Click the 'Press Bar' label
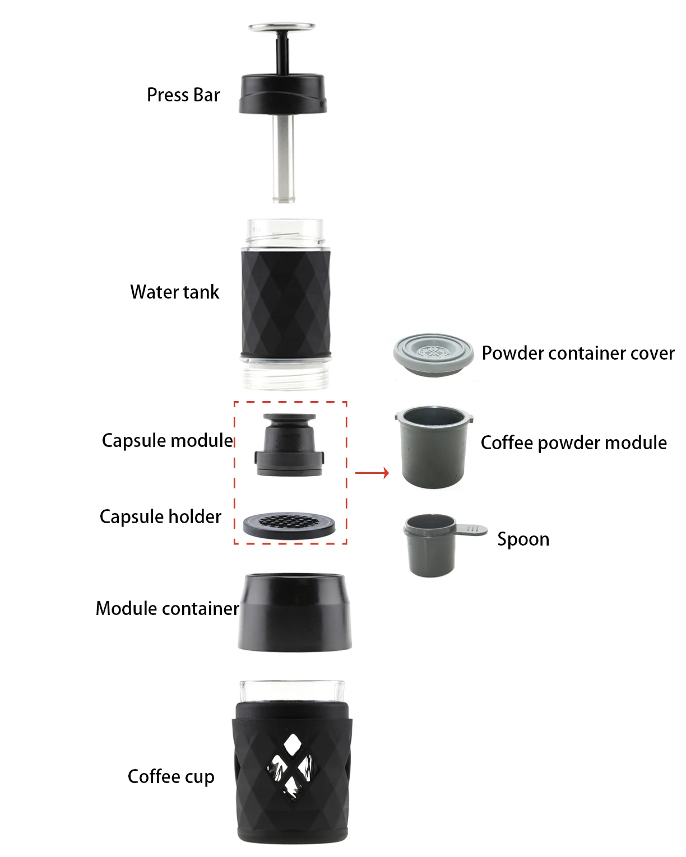[183, 95]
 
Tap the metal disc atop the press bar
[282, 27]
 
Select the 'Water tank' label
[174, 292]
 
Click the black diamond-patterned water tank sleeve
[286, 302]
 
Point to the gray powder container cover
[432, 355]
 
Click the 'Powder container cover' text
[578, 353]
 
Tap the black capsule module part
[289, 445]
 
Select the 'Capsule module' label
[167, 441]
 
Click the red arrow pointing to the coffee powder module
[372, 473]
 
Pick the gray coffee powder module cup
[433, 448]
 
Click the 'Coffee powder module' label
[573, 443]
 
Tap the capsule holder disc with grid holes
[289, 524]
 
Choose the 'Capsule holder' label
[160, 516]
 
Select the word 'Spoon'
[523, 539]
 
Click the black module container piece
[295, 613]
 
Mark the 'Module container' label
[167, 609]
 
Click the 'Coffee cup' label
[171, 777]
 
